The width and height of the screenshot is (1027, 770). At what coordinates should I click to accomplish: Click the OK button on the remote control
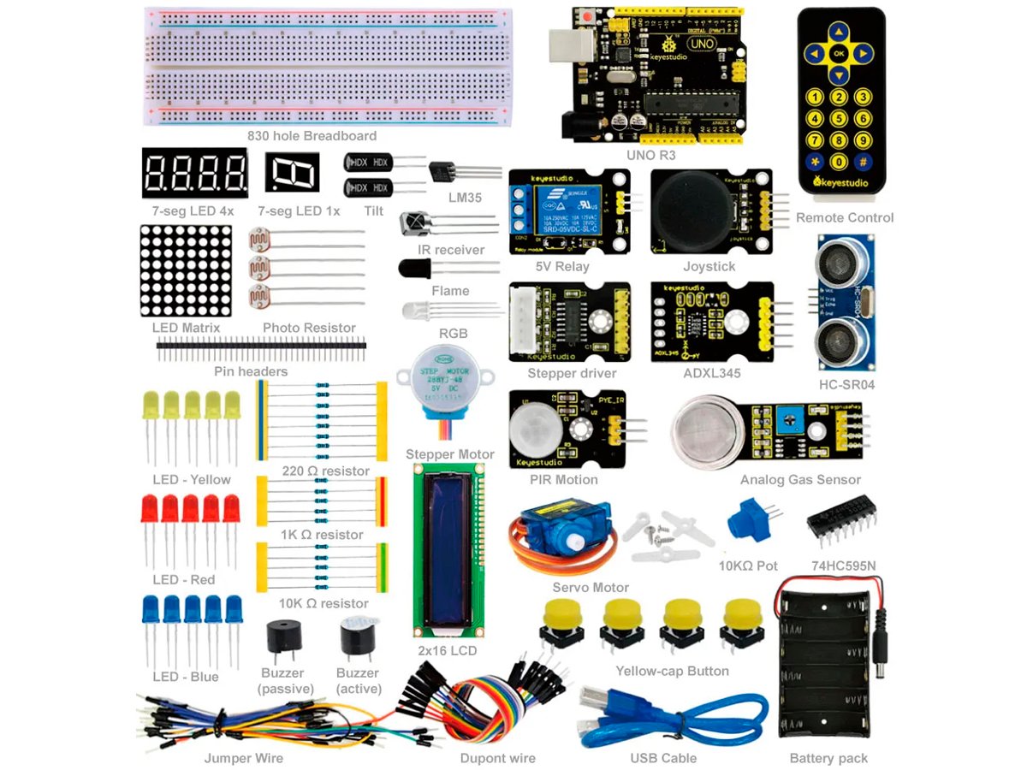839,54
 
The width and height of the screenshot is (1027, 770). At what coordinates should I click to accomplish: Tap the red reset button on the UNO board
588,16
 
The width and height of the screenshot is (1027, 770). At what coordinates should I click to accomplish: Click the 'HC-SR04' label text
846,385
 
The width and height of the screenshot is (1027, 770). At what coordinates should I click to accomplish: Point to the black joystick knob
695,210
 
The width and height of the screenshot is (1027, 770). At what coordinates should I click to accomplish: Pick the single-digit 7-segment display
292,173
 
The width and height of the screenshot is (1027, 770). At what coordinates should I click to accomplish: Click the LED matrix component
186,270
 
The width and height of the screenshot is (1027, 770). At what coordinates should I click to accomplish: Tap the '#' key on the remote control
864,160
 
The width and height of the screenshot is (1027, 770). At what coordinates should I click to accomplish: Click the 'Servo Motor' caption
591,588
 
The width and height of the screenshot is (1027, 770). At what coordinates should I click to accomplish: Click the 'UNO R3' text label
650,155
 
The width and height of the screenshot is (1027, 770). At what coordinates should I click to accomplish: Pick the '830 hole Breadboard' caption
312,136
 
